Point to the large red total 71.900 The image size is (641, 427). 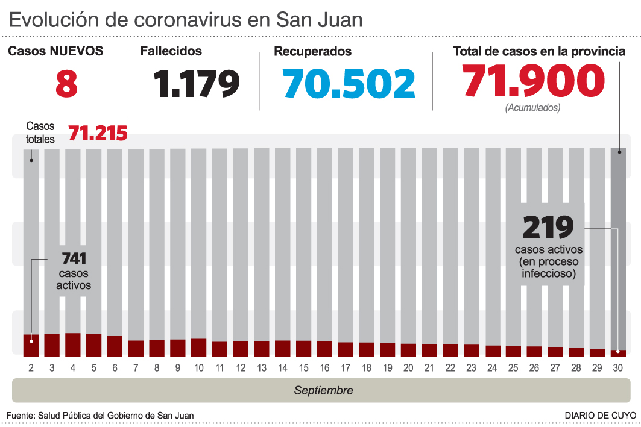pos(533,81)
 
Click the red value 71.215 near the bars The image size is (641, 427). pos(98,133)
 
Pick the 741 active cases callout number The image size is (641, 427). pos(74,259)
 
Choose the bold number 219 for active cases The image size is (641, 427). pos(548,228)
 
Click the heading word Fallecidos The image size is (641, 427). pos(171,52)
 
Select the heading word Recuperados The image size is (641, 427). pos(312,52)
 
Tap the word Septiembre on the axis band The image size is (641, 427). pos(323,390)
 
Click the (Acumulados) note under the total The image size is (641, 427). pos(532,108)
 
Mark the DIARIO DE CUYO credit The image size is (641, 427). pos(600,416)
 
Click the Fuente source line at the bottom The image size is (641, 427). pos(100,416)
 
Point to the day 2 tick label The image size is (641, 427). pos(31,367)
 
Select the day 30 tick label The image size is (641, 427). pos(618,367)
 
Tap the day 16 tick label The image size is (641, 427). pos(324,367)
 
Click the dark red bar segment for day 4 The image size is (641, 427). pos(73,344)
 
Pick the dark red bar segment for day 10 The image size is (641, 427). pos(198,347)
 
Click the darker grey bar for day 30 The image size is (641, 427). pos(618,241)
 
